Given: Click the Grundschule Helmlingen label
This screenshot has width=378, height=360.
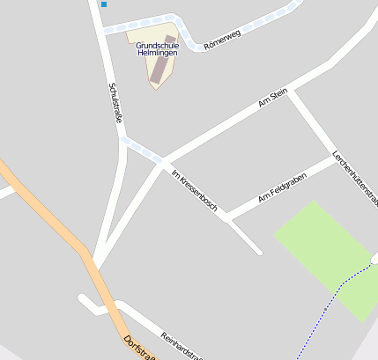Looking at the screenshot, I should point(157,47).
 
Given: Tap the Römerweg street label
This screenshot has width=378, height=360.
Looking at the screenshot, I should point(222,39).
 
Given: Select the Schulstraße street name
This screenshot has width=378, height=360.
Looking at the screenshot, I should point(114,104).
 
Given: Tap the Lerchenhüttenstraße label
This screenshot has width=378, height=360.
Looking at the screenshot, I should point(354,177).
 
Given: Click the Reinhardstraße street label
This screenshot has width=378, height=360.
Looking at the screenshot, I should point(182,345).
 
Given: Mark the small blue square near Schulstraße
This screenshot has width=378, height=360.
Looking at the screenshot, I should point(103,4).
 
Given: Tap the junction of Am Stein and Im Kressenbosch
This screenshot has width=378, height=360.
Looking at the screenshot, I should point(162,161).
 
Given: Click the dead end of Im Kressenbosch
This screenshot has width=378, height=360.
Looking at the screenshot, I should point(260,253).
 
